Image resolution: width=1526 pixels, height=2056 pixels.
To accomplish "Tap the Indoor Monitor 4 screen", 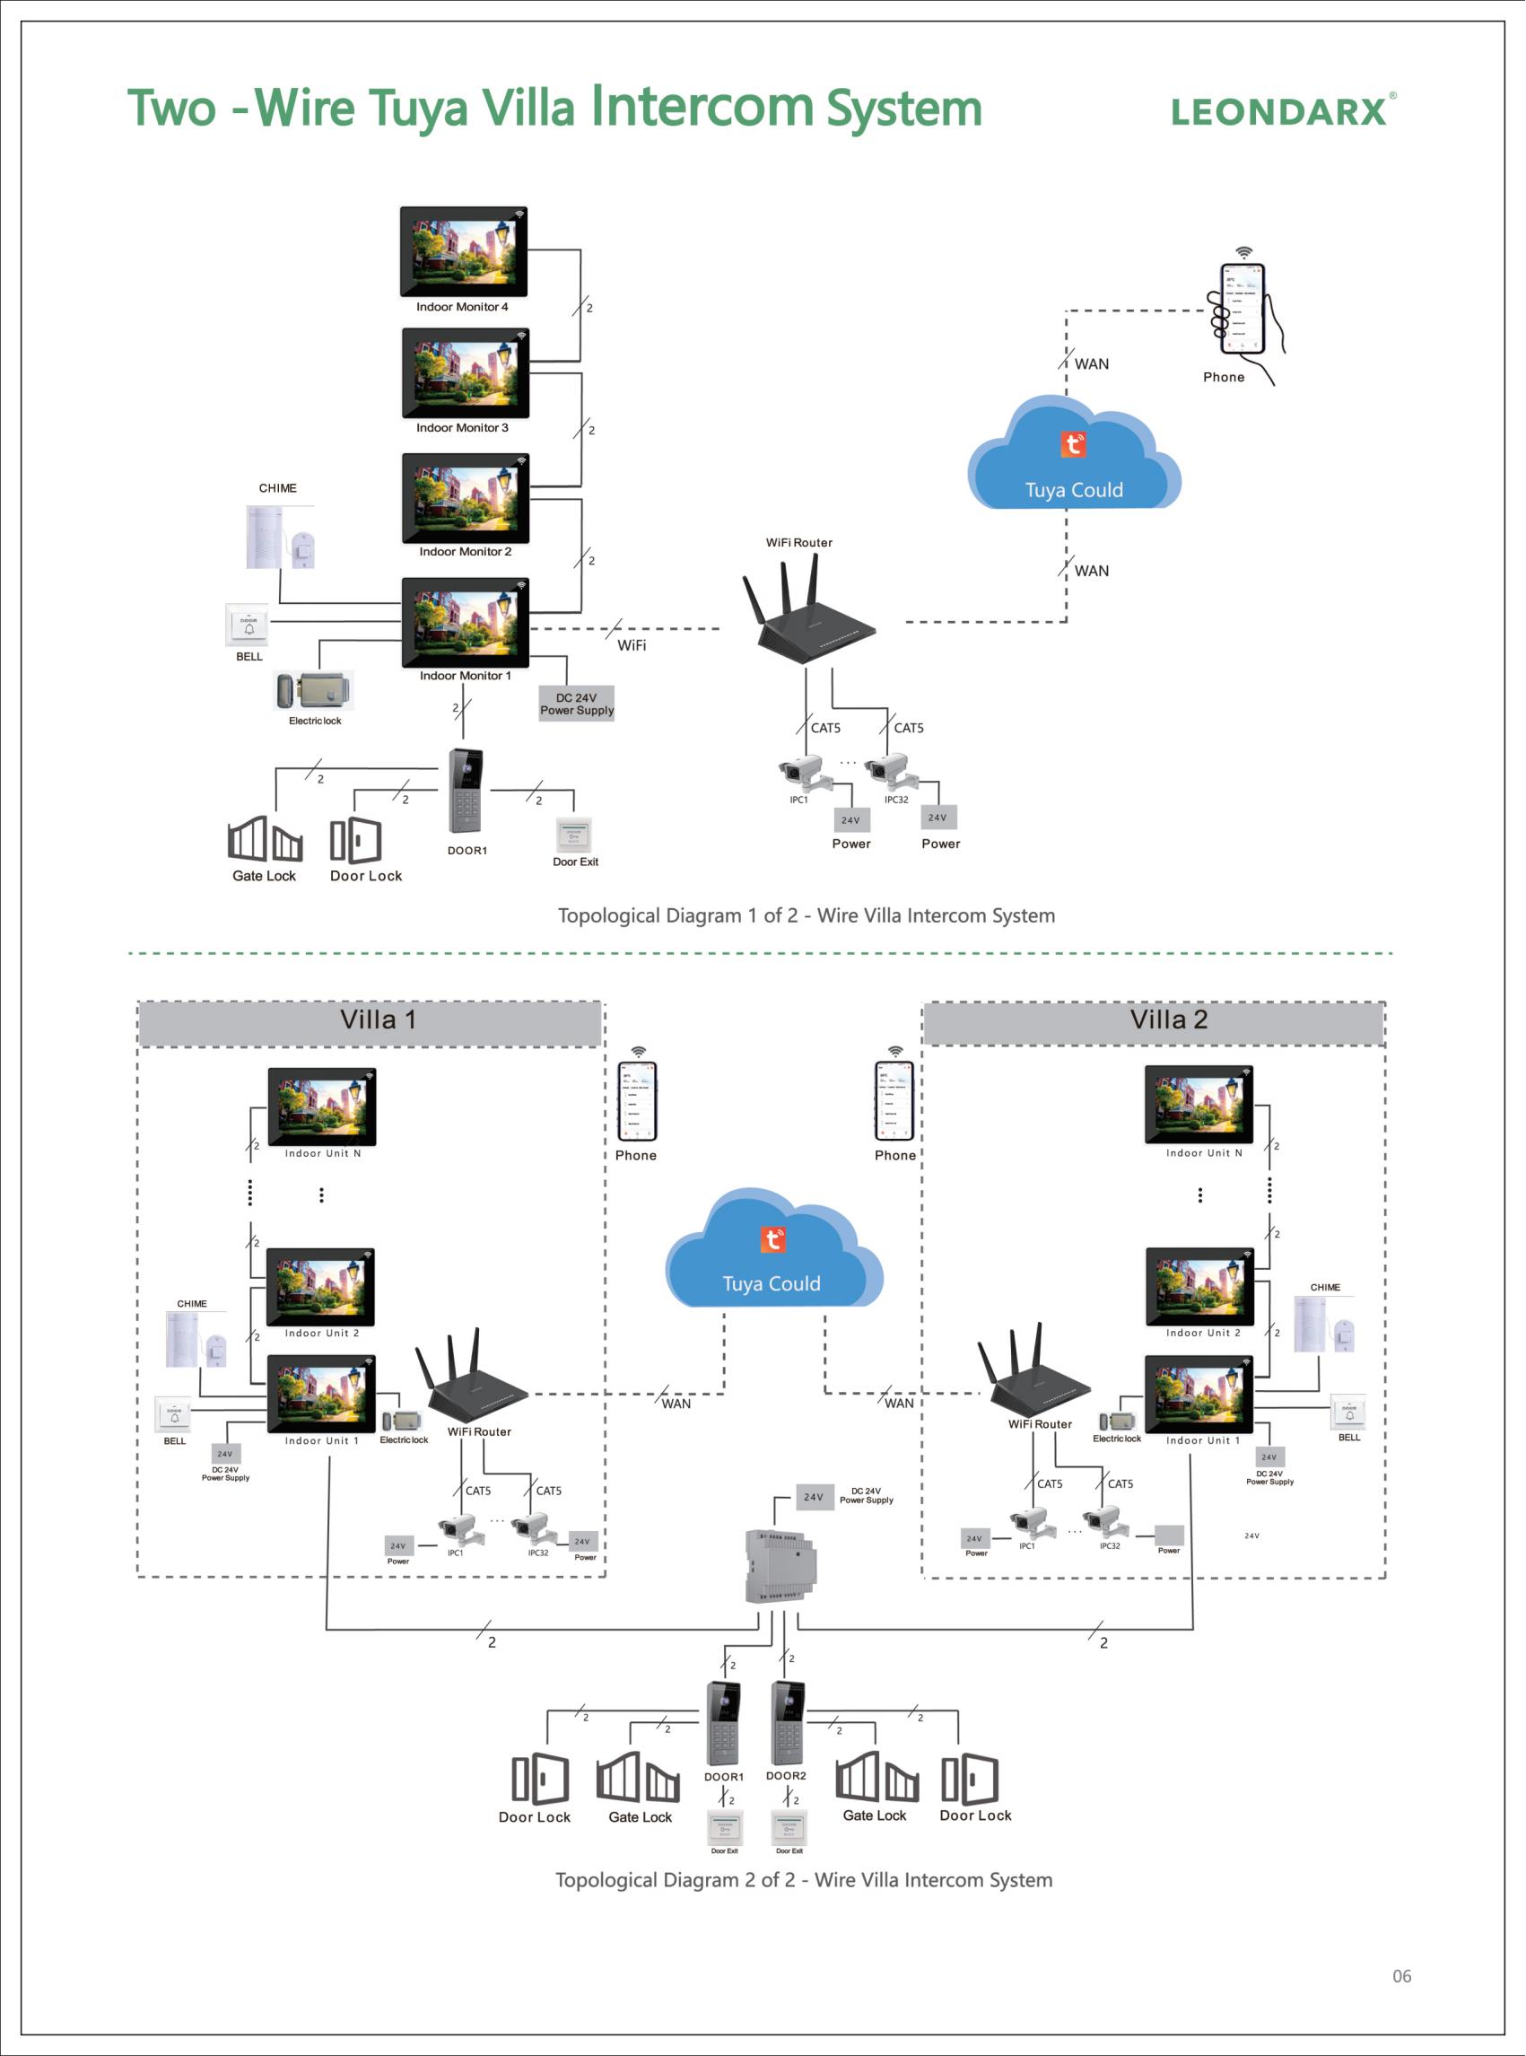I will coord(463,250).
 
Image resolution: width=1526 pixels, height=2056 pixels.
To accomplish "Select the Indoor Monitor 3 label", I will coord(462,428).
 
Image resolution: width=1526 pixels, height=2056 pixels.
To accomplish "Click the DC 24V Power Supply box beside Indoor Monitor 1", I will coord(577,704).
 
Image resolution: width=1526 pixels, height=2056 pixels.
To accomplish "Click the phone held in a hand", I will coord(1243,310).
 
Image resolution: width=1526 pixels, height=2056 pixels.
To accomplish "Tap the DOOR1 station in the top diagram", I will coord(466,791).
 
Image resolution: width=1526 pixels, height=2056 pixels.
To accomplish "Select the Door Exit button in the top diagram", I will coord(573,836).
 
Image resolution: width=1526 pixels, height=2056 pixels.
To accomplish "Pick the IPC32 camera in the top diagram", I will coord(890,769).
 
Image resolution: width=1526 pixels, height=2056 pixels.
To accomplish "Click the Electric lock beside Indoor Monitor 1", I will coord(315,691).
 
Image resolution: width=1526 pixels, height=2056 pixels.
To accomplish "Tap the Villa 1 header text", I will coord(378,1020).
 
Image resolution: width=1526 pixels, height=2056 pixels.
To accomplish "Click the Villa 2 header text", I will coord(1169,1020).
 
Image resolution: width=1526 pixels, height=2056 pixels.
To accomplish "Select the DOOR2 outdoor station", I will coord(788,1724).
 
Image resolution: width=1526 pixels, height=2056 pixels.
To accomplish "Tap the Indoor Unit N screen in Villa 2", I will coord(1198,1105).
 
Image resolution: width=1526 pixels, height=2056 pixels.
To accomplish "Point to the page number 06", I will coord(1401,1976).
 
